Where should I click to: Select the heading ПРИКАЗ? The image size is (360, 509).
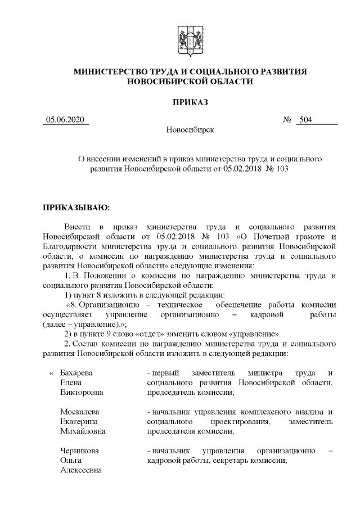point(190,102)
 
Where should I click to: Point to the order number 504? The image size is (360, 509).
point(307,119)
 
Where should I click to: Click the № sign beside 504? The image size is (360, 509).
point(286,119)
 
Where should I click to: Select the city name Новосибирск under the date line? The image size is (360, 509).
point(190,130)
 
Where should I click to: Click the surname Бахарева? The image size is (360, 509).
point(76,373)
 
